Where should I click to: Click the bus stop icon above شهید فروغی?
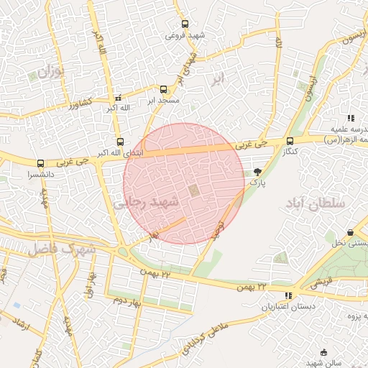click(x=185, y=24)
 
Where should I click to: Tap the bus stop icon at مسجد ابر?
click(x=163, y=90)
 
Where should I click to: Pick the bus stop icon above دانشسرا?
click(x=40, y=163)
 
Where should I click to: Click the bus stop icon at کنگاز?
click(x=290, y=141)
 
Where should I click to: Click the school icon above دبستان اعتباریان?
click(x=289, y=295)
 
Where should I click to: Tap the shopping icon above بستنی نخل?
click(x=350, y=233)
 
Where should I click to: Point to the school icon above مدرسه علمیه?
click(x=351, y=118)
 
